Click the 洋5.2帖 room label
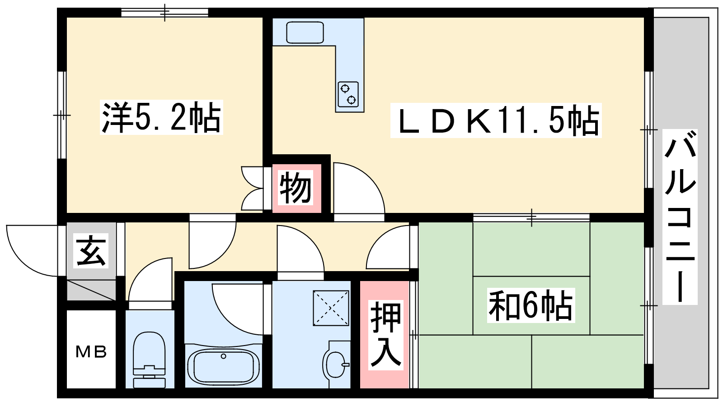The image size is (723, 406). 161,117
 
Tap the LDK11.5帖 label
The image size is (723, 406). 496,120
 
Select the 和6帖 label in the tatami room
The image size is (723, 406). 531,305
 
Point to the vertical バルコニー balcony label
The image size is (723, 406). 680,217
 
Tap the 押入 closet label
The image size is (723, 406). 386,335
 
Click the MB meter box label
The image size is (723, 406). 91,352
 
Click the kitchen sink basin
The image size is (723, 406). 305,32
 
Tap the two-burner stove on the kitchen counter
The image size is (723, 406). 348,94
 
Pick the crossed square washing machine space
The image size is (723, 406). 331,308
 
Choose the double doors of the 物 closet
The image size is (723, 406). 253,189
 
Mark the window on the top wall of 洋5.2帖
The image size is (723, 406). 164,13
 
